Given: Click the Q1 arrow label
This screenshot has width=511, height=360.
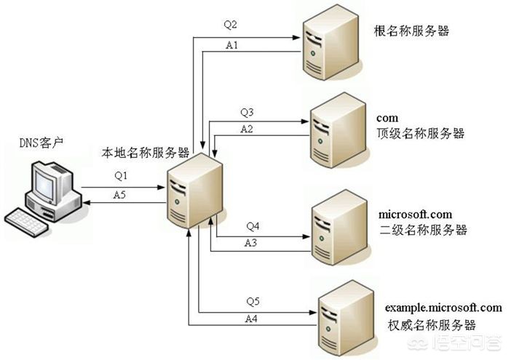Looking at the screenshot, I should coord(120,176).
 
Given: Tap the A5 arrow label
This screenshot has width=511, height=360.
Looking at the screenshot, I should coord(120,194).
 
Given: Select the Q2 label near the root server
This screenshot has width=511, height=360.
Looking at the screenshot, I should coord(231,24).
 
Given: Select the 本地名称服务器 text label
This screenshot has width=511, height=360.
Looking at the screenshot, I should coord(146,153).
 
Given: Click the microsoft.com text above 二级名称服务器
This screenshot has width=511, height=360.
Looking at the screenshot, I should coord(416,215).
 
